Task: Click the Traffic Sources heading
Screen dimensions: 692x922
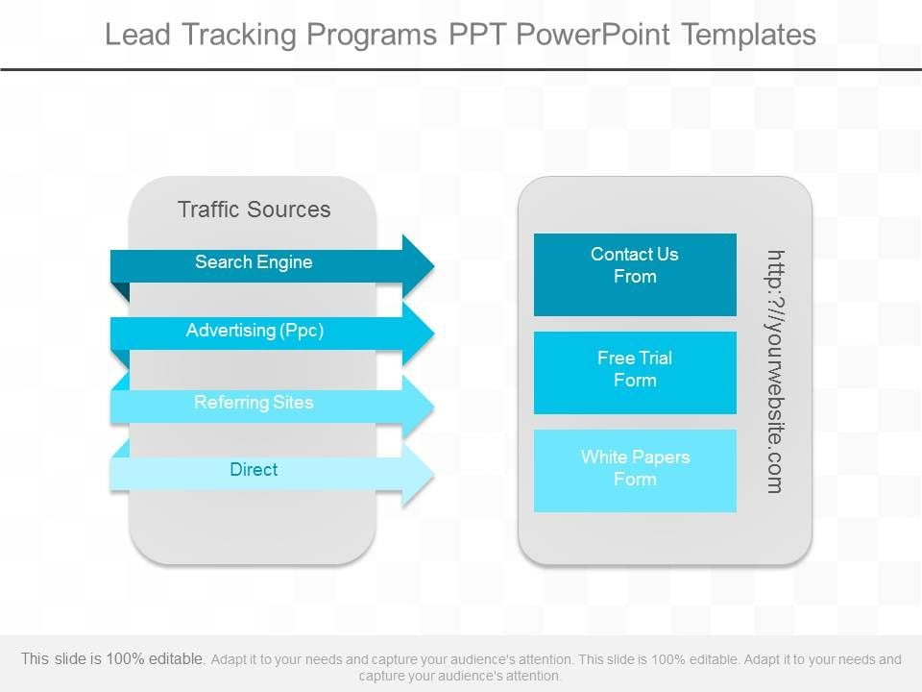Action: coord(254,210)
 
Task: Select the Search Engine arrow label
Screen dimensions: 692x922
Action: coord(254,262)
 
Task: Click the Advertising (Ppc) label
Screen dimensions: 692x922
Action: coord(255,331)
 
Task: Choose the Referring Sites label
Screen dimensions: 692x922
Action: coord(254,403)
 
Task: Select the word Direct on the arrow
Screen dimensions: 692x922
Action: coord(254,470)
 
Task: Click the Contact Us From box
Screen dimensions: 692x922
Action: coord(635,274)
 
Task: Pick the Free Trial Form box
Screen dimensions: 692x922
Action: coord(635,372)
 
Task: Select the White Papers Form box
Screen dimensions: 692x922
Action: coord(635,470)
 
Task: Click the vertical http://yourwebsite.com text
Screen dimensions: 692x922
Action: coord(775,372)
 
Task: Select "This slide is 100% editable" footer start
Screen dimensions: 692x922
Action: coord(112,659)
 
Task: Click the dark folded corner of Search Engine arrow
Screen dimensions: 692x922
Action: coord(120,292)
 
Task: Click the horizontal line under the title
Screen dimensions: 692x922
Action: coord(461,69)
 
